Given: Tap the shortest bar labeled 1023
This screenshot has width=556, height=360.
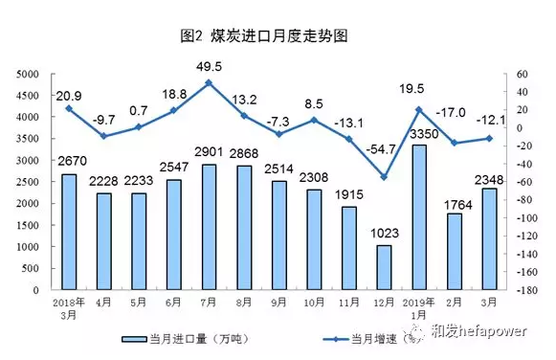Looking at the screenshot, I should pyautogui.click(x=384, y=267).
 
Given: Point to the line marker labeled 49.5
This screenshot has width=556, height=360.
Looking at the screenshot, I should pyautogui.click(x=209, y=83).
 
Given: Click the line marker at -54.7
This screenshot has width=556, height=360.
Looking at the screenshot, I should pyautogui.click(x=384, y=176).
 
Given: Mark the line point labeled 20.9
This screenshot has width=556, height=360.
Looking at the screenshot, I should pyautogui.click(x=69, y=108).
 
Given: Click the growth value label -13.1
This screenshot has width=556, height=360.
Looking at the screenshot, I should pyautogui.click(x=349, y=122).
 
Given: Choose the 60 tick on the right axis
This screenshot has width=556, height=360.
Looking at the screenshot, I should pyautogui.click(x=522, y=74).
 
